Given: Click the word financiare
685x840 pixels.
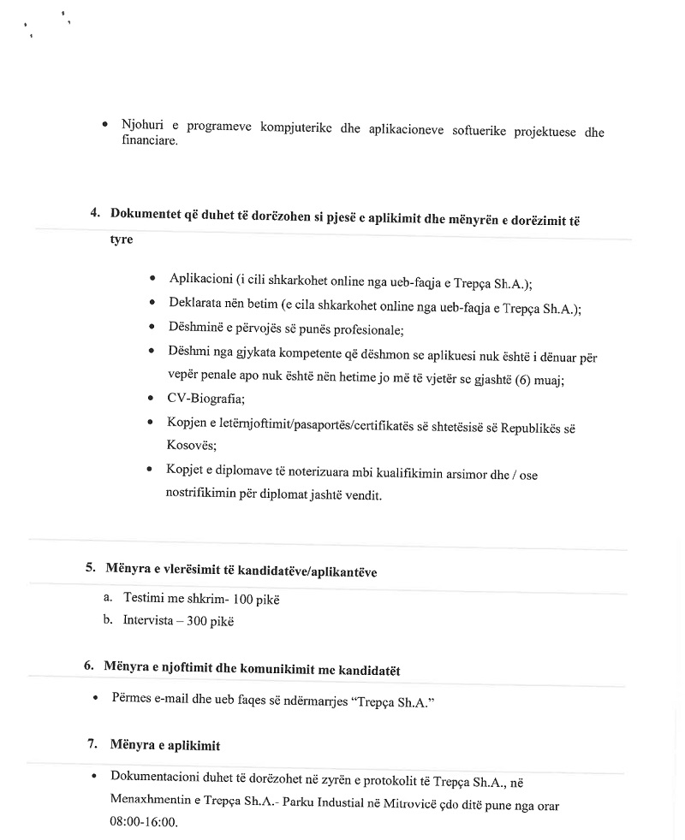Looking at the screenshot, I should (x=150, y=141).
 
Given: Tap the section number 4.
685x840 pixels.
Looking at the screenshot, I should (x=96, y=213).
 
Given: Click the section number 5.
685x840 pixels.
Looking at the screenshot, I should (x=90, y=568).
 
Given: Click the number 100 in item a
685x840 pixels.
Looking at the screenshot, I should (x=246, y=599).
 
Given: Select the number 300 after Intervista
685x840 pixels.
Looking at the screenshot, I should (x=200, y=621).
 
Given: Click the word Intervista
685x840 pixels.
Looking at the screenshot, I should (x=146, y=621).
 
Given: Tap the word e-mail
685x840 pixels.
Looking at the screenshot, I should (x=176, y=699).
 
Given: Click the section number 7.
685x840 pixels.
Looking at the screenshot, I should (x=92, y=743).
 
